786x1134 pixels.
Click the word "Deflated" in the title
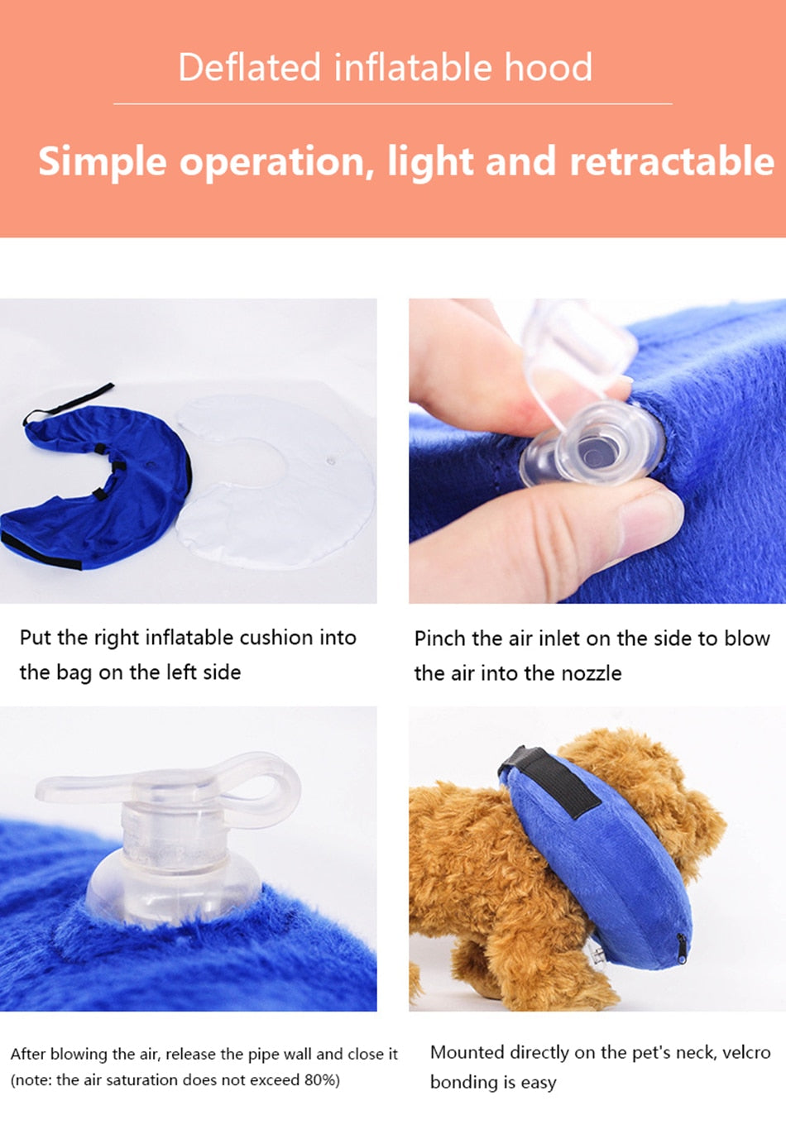tap(249, 68)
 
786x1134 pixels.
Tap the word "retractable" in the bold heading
tap(672, 161)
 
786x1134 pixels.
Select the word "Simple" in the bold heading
tap(102, 161)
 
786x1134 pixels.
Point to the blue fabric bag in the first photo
tap(99, 496)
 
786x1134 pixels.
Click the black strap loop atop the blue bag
tap(70, 402)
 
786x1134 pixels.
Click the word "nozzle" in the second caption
tap(591, 673)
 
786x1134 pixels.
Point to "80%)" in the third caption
tap(320, 1080)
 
